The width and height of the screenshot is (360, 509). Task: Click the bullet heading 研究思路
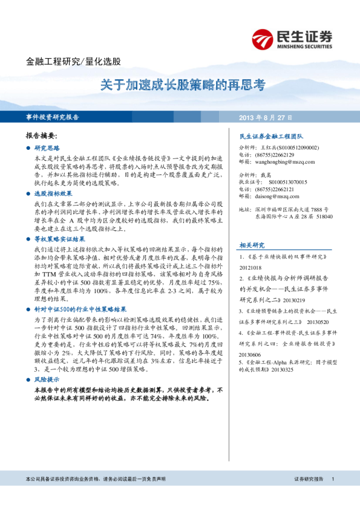[x=47, y=148]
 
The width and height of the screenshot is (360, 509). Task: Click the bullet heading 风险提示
[x=47, y=378]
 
